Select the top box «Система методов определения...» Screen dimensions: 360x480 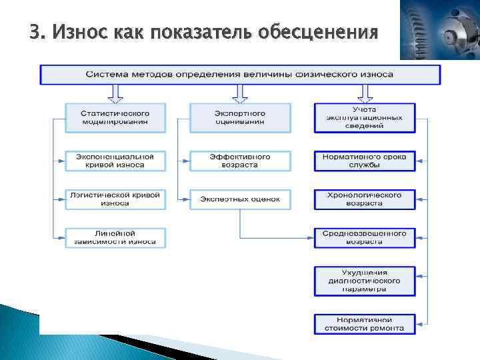tap(240, 74)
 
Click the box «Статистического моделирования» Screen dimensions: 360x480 tap(115, 117)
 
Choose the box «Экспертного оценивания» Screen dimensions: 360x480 tap(240, 117)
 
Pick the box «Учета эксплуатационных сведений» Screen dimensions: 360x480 tap(364, 117)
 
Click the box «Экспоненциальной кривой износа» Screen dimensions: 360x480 tap(115, 161)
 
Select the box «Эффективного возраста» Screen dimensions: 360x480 tap(240, 161)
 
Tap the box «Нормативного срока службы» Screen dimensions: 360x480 tap(364, 161)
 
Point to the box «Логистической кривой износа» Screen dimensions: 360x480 tap(115, 199)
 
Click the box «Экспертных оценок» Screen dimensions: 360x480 tap(240, 199)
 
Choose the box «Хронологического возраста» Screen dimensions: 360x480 tap(364, 199)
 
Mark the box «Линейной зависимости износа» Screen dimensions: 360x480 tap(115, 237)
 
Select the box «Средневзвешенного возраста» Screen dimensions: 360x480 tap(364, 237)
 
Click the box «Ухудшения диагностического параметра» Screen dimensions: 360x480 tap(364, 281)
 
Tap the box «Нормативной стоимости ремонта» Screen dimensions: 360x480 tap(364, 324)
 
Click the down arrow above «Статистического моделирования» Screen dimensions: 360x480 tap(115, 93)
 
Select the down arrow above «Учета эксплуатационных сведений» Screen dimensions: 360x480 tap(364, 93)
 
